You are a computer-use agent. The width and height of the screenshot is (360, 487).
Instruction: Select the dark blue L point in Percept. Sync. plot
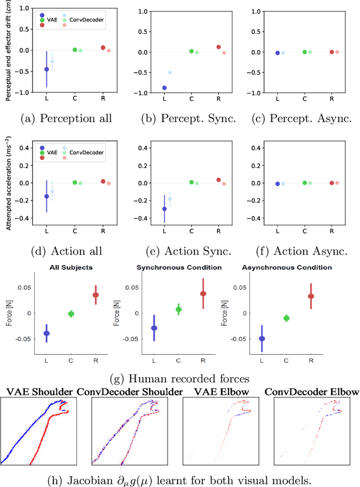point(164,88)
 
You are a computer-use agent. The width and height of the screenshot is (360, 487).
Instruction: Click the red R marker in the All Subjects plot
point(96,295)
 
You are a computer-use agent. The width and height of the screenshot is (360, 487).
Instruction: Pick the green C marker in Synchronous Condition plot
point(178,309)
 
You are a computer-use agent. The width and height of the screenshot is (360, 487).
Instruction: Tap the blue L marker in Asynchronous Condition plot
point(262,338)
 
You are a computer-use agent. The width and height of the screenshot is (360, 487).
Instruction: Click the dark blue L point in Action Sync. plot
point(164,209)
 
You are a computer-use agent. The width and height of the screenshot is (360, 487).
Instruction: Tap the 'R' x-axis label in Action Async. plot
point(331,231)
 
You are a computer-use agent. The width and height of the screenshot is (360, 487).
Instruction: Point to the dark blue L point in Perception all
point(47,69)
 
